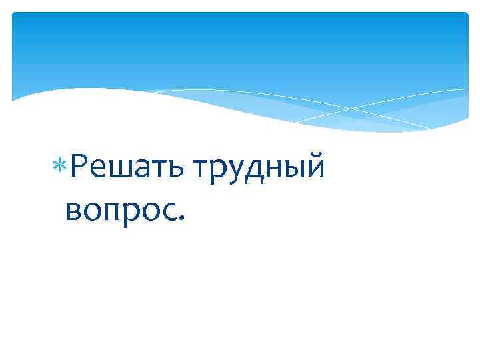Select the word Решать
(x=127, y=167)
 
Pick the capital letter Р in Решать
(x=78, y=165)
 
